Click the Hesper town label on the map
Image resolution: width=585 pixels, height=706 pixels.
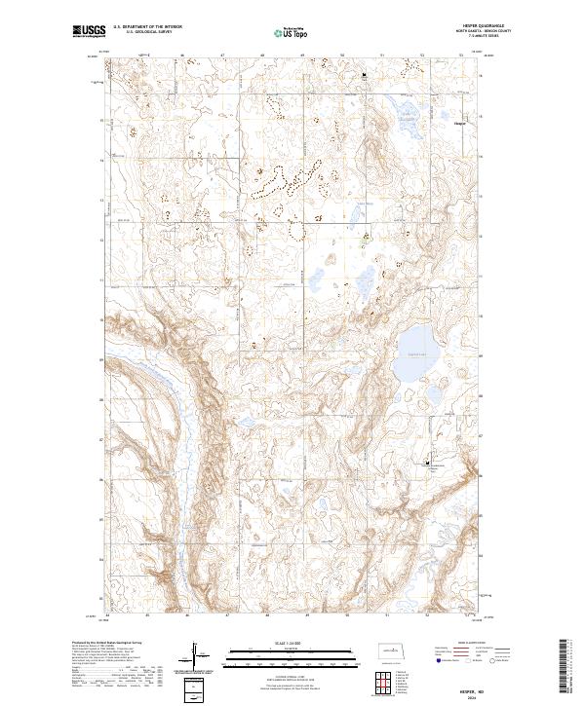460,124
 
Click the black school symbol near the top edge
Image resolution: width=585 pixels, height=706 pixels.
366,74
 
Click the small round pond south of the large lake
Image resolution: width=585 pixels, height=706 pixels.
429,394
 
